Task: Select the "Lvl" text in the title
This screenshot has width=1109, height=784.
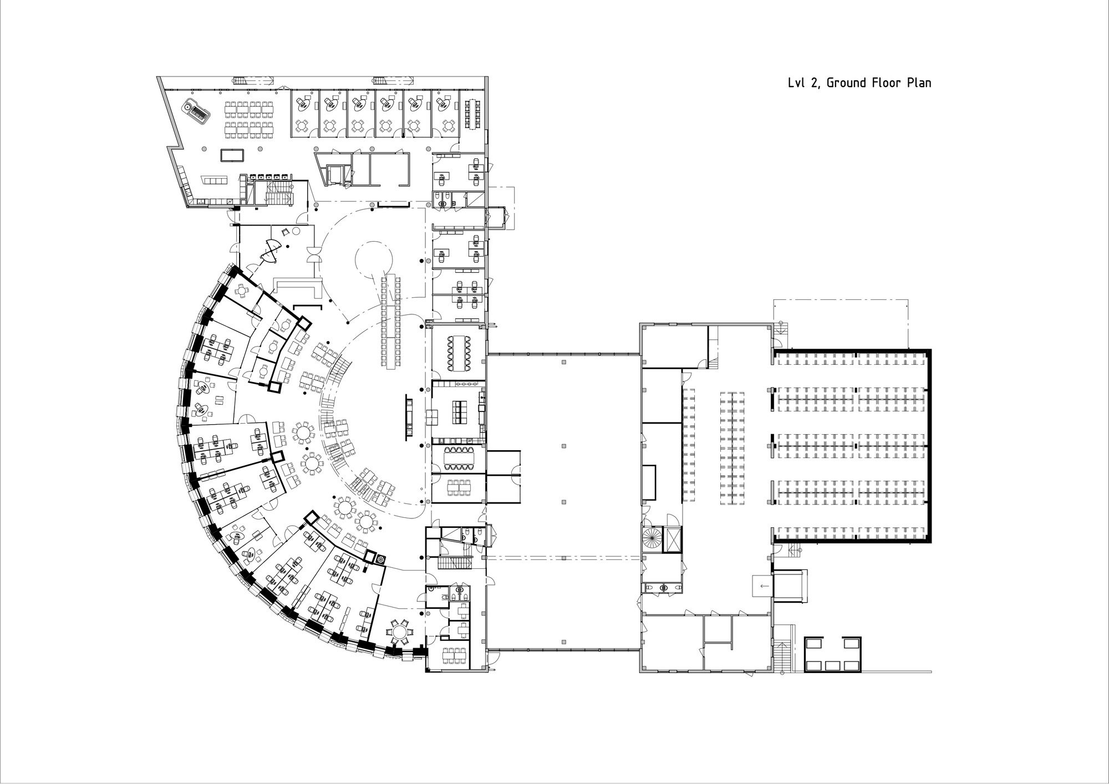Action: tap(797, 83)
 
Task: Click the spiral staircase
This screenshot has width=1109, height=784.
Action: tap(652, 538)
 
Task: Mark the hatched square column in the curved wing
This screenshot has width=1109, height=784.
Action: tap(380, 560)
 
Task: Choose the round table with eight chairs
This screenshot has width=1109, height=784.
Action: tap(399, 630)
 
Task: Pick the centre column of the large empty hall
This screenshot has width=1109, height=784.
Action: tap(563, 445)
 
